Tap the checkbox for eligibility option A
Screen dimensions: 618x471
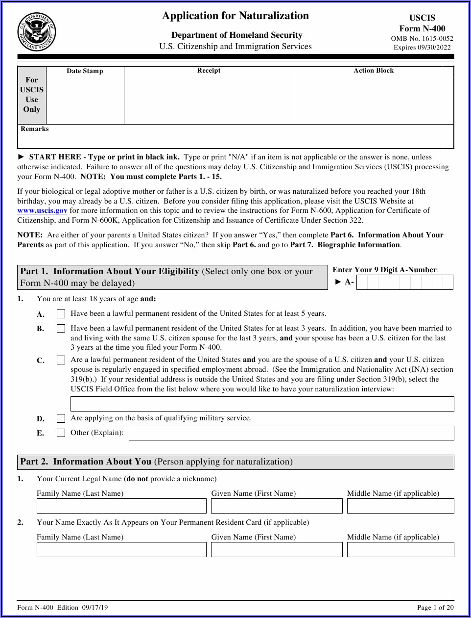(61, 314)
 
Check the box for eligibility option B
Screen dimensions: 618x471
(61, 329)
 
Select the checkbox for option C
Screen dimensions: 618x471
(61, 360)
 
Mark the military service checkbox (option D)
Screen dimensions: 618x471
(61, 418)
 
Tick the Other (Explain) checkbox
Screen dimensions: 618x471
(61, 433)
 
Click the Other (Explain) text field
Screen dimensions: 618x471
(291, 433)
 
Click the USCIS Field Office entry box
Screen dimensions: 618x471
(262, 404)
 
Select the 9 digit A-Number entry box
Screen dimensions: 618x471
(404, 283)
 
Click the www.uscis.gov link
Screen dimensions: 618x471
(42, 210)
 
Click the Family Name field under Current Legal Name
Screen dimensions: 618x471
(121, 506)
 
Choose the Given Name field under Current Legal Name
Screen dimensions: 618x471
(277, 506)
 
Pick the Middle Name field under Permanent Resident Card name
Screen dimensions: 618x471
(400, 549)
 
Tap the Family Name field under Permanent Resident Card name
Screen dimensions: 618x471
(121, 549)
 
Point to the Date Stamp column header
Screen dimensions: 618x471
(85, 71)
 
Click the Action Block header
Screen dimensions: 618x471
(374, 71)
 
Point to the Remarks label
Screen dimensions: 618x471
(35, 129)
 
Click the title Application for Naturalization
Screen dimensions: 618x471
(235, 16)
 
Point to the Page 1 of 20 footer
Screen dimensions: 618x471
(435, 607)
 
